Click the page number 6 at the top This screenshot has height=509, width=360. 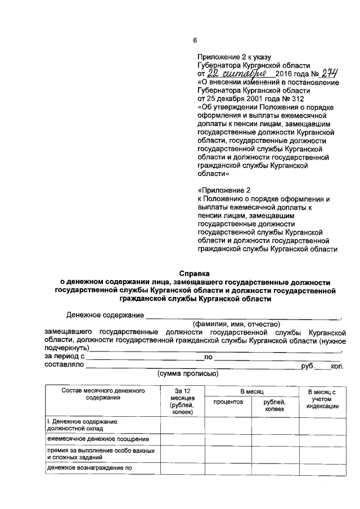pyautogui.click(x=195, y=40)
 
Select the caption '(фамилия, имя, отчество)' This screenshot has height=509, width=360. pyautogui.click(x=236, y=325)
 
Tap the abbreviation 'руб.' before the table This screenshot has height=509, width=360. pyautogui.click(x=307, y=365)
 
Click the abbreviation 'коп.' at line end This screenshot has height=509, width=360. pyautogui.click(x=337, y=365)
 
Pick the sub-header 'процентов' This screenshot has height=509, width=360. pyautogui.click(x=227, y=403)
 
